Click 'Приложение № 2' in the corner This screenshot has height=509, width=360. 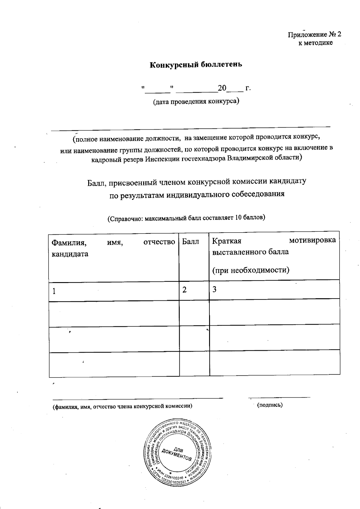(x=314, y=35)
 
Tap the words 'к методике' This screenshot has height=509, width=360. (x=315, y=43)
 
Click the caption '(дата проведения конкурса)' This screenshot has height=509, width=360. (x=196, y=101)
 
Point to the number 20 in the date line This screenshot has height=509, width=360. (x=222, y=88)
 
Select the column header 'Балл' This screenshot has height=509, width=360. (x=190, y=241)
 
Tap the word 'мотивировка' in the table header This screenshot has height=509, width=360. (x=312, y=240)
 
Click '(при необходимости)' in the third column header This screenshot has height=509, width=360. (x=251, y=270)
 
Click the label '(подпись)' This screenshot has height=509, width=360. (x=270, y=405)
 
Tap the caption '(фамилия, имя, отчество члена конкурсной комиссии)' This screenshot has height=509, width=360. (x=122, y=407)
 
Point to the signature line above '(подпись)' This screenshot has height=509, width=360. (x=279, y=398)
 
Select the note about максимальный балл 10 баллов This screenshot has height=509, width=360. (x=186, y=218)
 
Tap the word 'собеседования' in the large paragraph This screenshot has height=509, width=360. (x=258, y=194)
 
